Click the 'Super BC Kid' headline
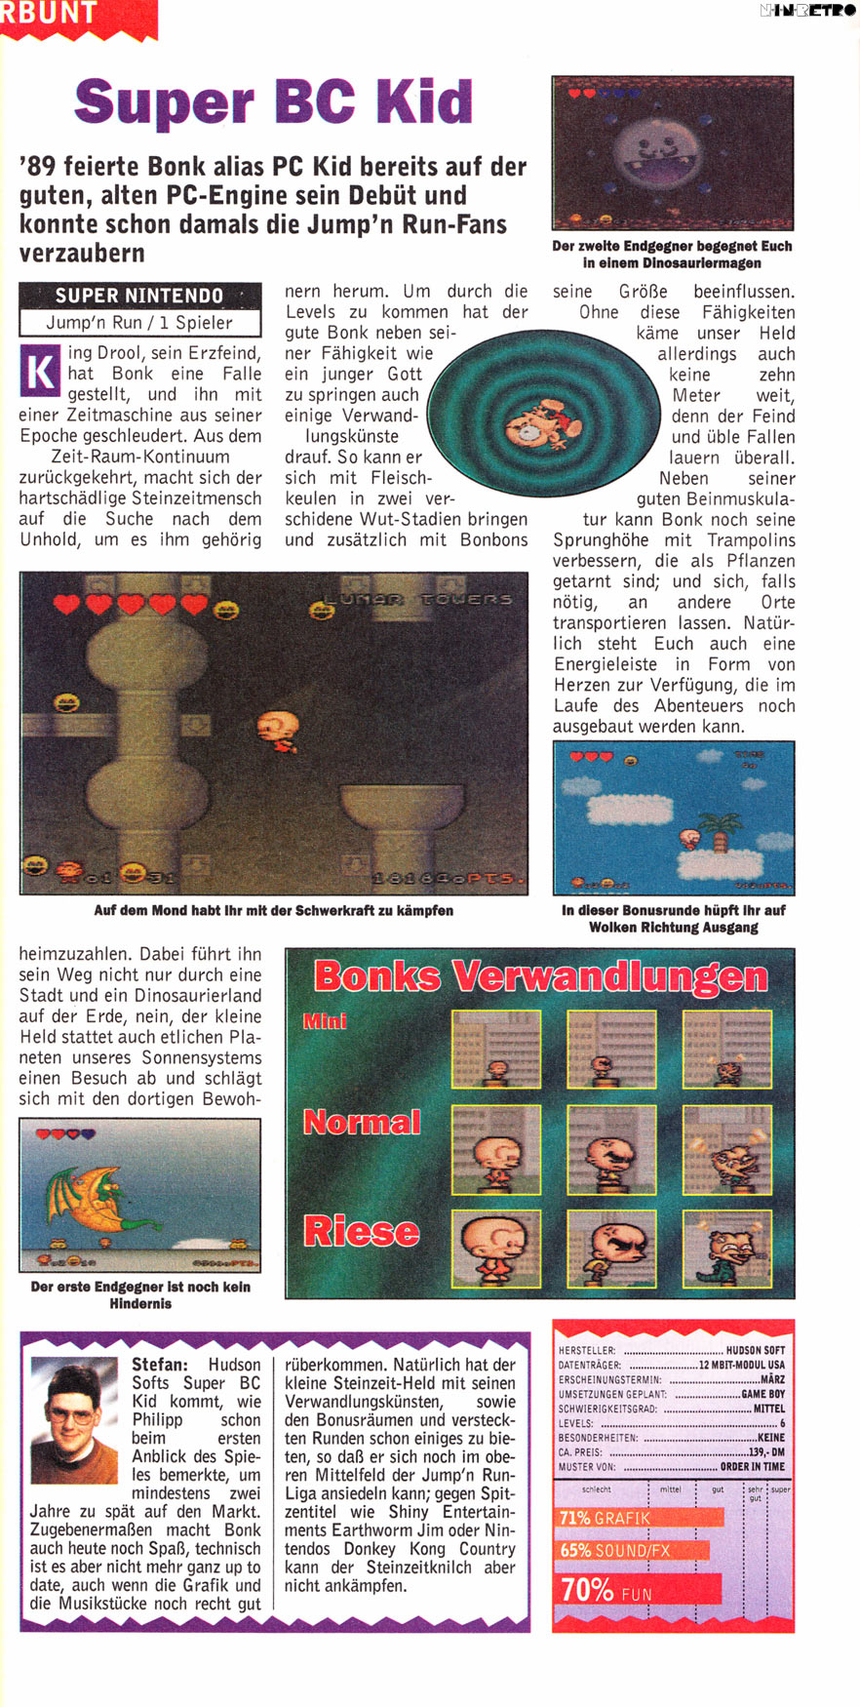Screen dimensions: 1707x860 (x=273, y=102)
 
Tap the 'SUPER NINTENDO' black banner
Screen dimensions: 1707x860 (x=139, y=296)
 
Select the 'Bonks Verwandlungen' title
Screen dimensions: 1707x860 (x=540, y=976)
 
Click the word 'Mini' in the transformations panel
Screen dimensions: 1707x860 (x=325, y=1021)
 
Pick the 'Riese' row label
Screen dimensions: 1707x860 (x=361, y=1231)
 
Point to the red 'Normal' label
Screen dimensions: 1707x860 (x=362, y=1122)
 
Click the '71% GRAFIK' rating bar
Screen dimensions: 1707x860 (x=640, y=1518)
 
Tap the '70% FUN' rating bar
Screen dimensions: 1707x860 (x=639, y=1590)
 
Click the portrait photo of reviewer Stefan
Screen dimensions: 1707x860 (x=74, y=1420)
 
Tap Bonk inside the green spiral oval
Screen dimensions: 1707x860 (x=536, y=425)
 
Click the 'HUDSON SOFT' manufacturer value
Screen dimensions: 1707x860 (x=755, y=1351)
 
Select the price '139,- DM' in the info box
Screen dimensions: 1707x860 (x=766, y=1451)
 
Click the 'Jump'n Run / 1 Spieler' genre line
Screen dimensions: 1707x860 (x=139, y=323)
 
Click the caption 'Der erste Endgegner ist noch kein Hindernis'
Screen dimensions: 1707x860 (x=140, y=1294)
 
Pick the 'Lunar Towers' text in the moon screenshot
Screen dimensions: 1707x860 (x=426, y=598)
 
